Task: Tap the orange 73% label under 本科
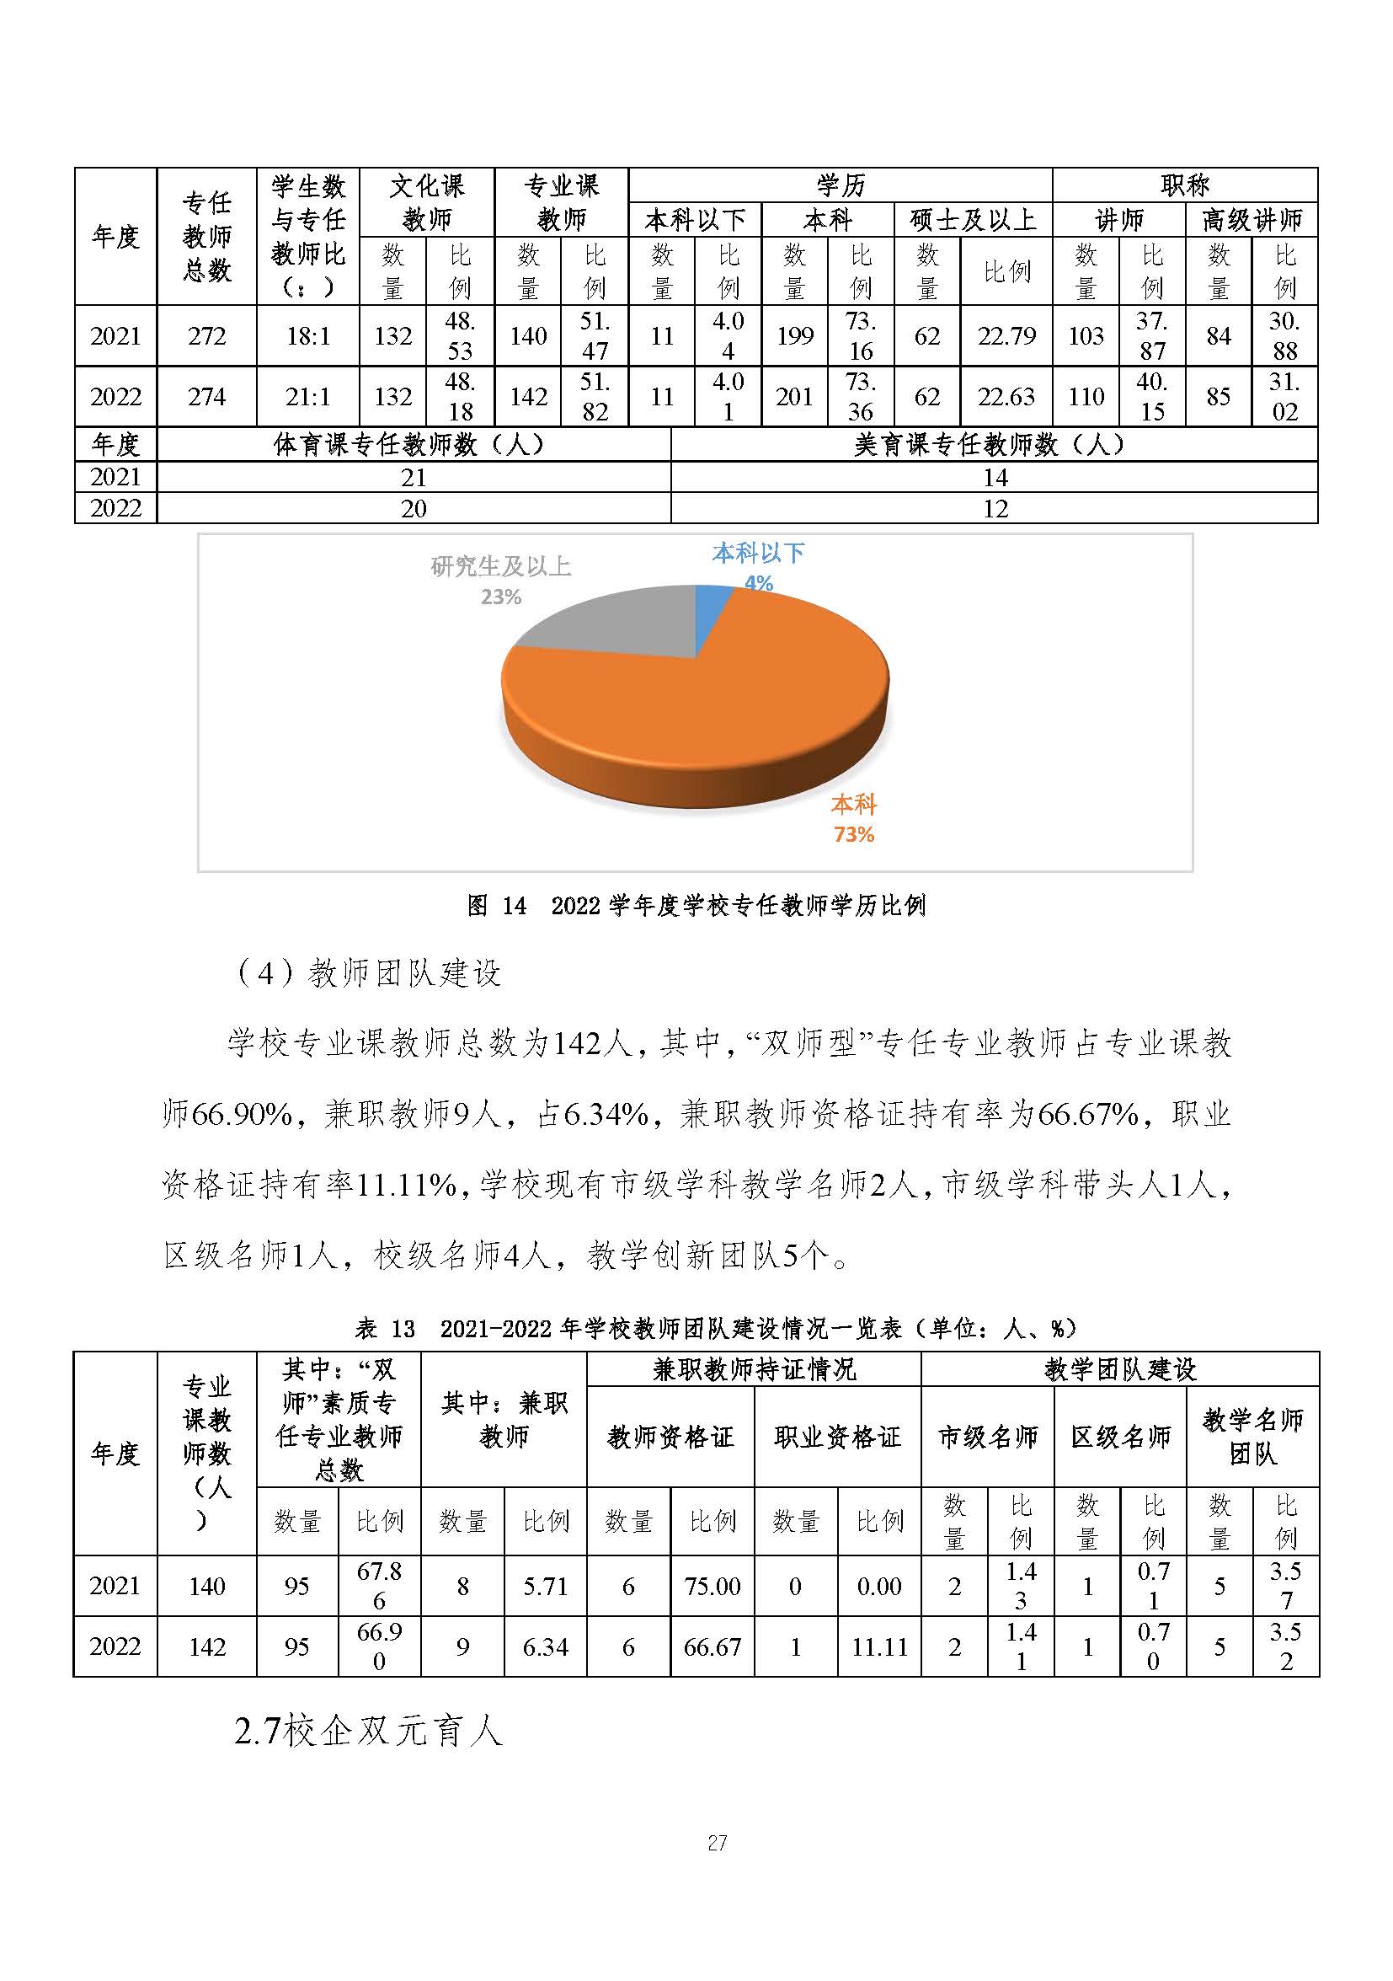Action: click(853, 834)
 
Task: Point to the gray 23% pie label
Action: click(501, 597)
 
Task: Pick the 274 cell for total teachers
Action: click(207, 397)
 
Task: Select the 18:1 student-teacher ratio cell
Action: click(308, 336)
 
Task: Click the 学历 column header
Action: click(841, 185)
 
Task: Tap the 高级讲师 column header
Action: click(1252, 220)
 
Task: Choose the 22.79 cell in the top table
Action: click(1006, 336)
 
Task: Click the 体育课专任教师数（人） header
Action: click(414, 445)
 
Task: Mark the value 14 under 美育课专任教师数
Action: click(995, 477)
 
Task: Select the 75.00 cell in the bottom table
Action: click(713, 1586)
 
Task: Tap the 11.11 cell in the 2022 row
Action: click(879, 1647)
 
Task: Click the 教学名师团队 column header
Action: click(1252, 1437)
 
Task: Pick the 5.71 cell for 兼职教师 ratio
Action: click(545, 1586)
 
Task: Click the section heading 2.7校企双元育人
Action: click(368, 1732)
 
